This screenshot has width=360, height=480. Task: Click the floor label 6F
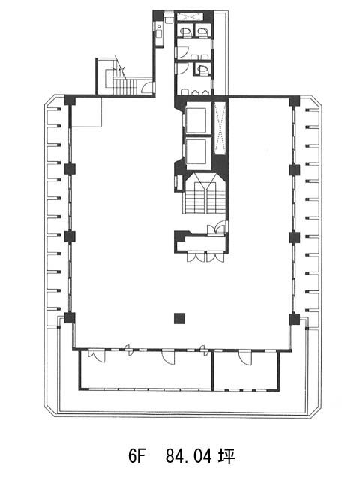click(136, 457)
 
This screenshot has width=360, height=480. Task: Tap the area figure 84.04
click(188, 457)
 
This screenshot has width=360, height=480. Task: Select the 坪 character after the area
click(226, 457)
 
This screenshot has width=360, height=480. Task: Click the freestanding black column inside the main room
click(180, 318)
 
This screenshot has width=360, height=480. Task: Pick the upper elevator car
click(196, 120)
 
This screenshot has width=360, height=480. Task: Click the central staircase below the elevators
click(205, 193)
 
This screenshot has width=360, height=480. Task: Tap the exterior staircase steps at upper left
click(125, 85)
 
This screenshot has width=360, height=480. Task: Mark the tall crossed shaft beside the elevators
click(220, 128)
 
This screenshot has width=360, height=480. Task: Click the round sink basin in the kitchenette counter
click(159, 27)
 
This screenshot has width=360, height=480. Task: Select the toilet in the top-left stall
click(185, 31)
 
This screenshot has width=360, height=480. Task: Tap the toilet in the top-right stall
click(202, 31)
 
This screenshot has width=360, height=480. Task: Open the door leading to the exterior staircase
click(148, 88)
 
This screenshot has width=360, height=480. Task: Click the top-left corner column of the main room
click(70, 100)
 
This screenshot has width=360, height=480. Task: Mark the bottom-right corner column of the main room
click(295, 319)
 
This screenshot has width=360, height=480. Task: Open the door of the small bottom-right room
click(245, 357)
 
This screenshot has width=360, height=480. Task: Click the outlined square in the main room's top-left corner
click(86, 112)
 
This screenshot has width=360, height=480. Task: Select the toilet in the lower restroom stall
click(202, 70)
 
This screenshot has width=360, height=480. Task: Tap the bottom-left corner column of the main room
click(70, 318)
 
